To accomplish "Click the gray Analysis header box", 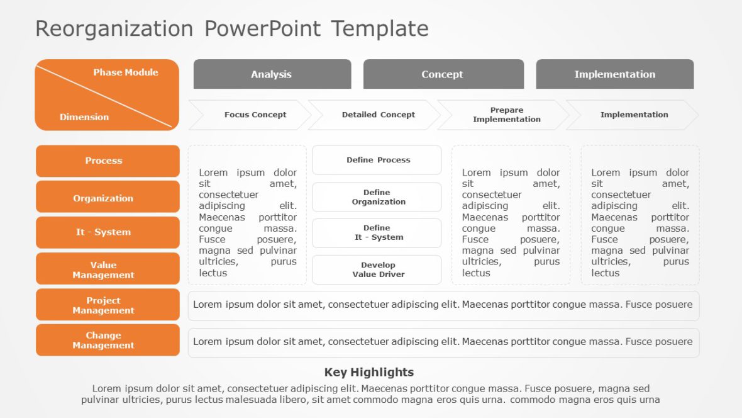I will click(272, 74).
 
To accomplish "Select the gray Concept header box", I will click(443, 74).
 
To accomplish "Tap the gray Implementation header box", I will click(614, 74).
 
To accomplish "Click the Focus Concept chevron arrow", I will click(251, 115).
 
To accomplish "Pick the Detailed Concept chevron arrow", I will click(376, 115).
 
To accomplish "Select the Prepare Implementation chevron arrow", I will click(504, 115).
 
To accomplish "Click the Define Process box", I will click(377, 160).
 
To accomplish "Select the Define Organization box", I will click(377, 197).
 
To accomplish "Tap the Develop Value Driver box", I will click(377, 269).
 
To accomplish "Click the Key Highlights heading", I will click(369, 372).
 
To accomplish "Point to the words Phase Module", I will click(126, 72).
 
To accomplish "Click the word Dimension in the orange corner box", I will click(84, 117).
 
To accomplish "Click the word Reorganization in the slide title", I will click(114, 28).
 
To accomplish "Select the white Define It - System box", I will click(377, 233).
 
